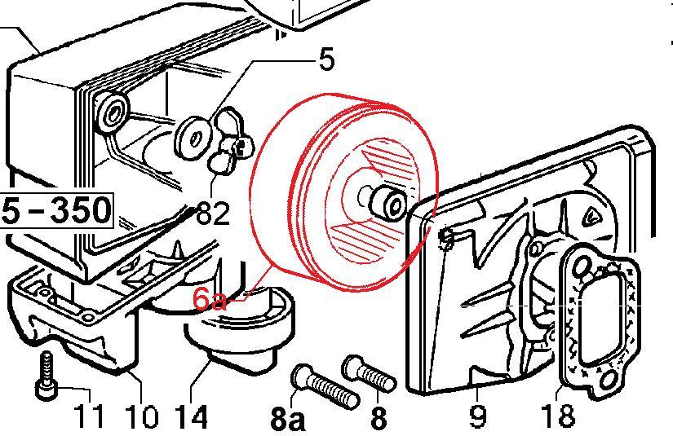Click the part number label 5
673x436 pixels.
(326, 59)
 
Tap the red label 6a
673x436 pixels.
(209, 299)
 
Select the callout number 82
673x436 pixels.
(213, 213)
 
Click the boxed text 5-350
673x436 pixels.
(56, 210)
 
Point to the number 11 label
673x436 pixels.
(89, 416)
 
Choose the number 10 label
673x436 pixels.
(142, 416)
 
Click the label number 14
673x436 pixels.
(192, 416)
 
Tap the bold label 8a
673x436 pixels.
(288, 418)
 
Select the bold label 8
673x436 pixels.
(379, 418)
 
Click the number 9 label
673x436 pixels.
(478, 416)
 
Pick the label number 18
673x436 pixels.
(557, 416)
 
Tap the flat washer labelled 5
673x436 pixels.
(193, 138)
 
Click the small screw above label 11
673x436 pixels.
(46, 376)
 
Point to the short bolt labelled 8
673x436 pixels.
(369, 373)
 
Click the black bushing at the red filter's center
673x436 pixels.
(387, 204)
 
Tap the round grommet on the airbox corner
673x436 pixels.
(112, 112)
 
